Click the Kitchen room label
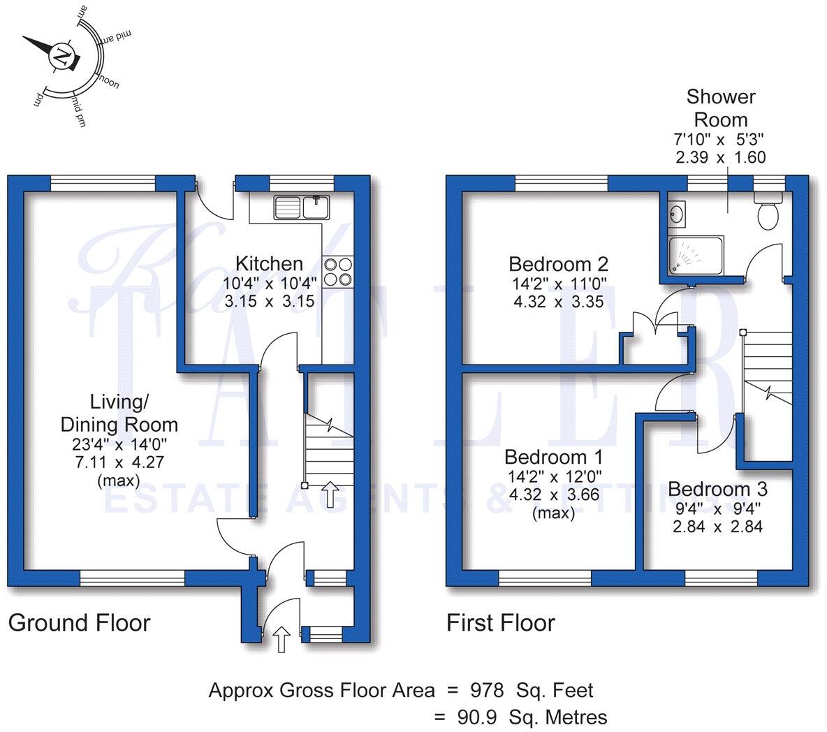269,264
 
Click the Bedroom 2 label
558,264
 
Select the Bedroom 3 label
717,488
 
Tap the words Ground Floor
79,622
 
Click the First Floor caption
501,622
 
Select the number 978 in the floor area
488,691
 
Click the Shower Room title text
721,108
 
